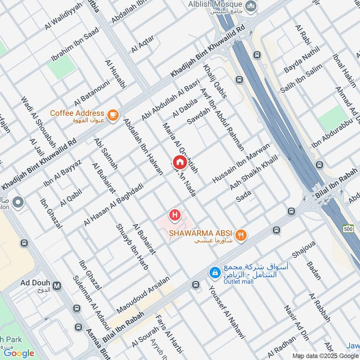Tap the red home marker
(x=180, y=162)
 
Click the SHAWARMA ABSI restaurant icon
(x=242, y=234)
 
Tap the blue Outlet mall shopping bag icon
(x=215, y=272)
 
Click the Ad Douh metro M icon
(x=57, y=285)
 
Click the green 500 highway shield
(x=348, y=229)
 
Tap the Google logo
(x=19, y=353)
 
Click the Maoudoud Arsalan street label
(x=143, y=295)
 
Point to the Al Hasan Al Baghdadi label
(x=113, y=204)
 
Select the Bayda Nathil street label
(x=301, y=62)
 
